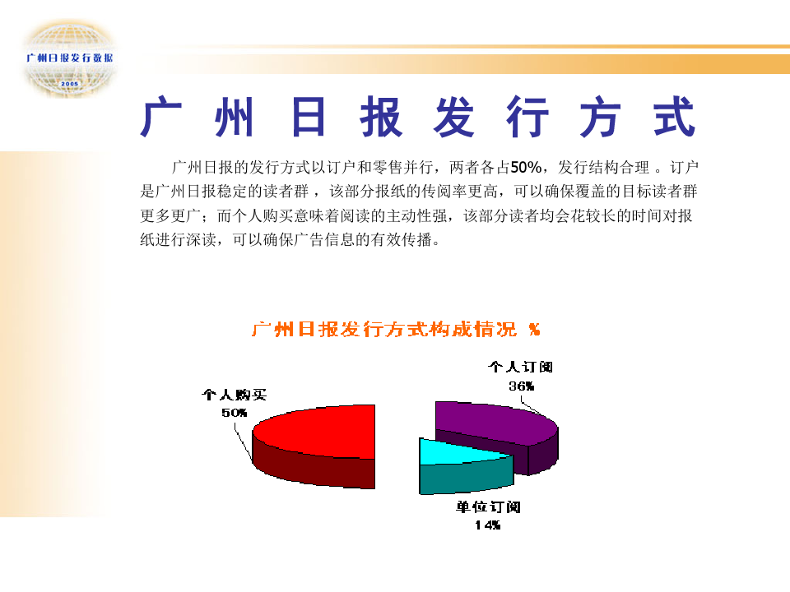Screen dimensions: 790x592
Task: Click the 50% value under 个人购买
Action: (235, 413)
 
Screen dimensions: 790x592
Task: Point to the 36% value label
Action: (521, 386)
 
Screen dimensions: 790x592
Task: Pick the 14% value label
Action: (488, 525)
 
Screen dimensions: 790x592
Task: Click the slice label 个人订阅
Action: (520, 367)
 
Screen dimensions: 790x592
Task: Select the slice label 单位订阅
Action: (488, 506)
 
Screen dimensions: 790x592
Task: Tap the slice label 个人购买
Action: (235, 395)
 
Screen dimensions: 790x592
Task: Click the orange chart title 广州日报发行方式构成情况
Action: (384, 329)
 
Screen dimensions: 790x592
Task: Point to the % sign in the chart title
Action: (535, 330)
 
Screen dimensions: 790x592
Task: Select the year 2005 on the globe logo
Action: (69, 84)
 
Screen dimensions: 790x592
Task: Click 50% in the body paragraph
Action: (526, 167)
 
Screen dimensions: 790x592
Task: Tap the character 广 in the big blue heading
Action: (161, 116)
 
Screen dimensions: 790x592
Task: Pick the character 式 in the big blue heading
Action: (675, 116)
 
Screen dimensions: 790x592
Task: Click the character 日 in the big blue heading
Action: (308, 116)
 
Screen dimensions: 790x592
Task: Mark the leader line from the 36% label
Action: (530, 405)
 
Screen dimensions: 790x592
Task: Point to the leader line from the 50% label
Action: (243, 442)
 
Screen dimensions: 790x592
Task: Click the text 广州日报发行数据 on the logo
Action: (69, 58)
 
